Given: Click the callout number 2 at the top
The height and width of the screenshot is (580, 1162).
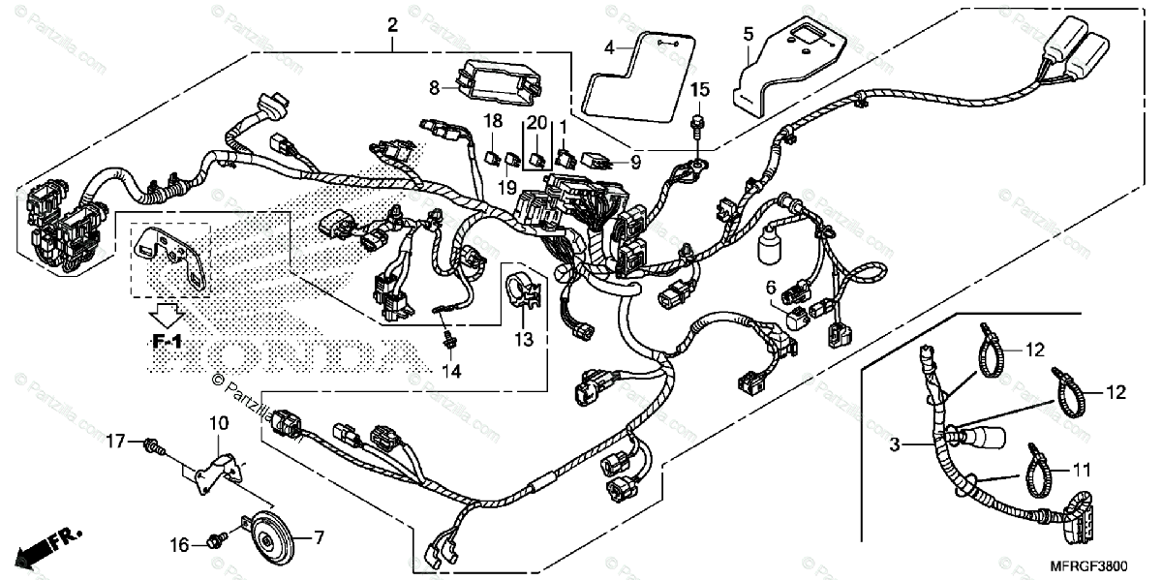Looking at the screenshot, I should click(x=392, y=24).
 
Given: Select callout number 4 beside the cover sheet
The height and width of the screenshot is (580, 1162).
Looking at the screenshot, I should click(x=609, y=46).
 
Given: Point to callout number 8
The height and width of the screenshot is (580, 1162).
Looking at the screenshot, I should click(x=435, y=88).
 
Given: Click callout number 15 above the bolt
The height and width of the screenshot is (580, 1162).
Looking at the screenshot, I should click(x=699, y=90).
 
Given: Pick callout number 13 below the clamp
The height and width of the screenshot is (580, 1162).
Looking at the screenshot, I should click(x=524, y=339).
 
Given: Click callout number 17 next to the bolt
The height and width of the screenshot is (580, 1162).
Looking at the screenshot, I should click(x=116, y=443).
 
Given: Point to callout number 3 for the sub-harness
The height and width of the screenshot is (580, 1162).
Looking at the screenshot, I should click(x=896, y=445).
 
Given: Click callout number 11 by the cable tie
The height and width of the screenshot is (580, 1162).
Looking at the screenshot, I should click(x=1081, y=471).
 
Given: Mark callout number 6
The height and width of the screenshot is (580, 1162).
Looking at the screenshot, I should click(x=771, y=288).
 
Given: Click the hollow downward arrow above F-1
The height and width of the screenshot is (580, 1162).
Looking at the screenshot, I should click(x=168, y=314).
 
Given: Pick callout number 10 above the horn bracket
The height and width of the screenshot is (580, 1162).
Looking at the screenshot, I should click(x=216, y=423).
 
